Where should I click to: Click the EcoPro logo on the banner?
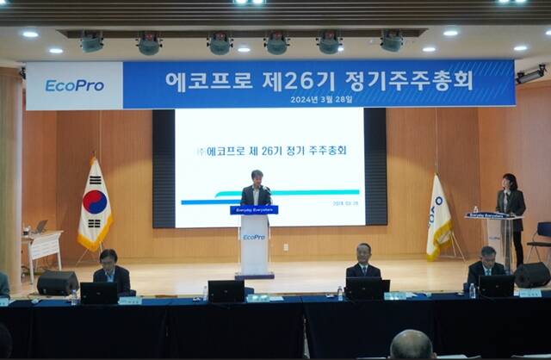pos(74,85)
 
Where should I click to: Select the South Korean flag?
pos(95,206)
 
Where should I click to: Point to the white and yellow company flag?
pos(438,217)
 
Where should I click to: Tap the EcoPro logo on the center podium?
pos(254,236)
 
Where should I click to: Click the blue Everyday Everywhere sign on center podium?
pos(254,209)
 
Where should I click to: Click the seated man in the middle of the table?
pos(363,263)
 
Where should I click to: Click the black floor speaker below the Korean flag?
pos(58,282)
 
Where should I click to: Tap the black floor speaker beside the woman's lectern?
pos(532,275)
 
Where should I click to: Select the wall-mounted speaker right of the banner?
pos(530,75)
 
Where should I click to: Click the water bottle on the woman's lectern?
pos(475,209)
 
